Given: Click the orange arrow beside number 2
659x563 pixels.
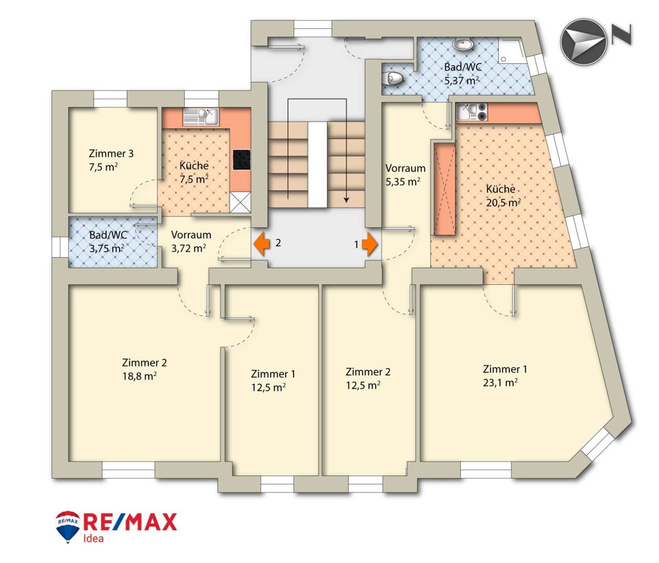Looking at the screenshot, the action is [x=261, y=243].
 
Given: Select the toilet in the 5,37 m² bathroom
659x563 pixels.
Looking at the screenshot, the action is [x=394, y=78].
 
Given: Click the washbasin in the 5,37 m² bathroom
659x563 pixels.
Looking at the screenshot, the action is [x=463, y=45].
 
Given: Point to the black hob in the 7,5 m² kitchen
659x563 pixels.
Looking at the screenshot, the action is [x=241, y=164].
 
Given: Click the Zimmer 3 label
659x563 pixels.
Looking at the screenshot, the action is [x=111, y=153].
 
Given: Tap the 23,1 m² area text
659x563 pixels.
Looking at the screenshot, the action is [x=500, y=382].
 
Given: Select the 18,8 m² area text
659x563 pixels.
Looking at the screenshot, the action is [x=140, y=376].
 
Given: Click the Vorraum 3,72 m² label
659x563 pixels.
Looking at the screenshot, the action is [x=191, y=241].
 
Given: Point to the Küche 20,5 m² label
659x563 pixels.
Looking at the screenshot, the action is [x=503, y=196].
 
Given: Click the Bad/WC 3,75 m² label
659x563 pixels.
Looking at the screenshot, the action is [x=108, y=242].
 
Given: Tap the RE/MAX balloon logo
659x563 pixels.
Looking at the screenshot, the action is [x=67, y=526].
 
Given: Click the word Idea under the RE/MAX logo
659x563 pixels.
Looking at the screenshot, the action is [x=93, y=539].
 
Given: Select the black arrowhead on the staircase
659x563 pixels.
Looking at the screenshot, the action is [x=346, y=200].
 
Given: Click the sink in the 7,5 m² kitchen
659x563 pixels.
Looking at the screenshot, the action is [x=201, y=117].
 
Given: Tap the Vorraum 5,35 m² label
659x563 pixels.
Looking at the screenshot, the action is [x=405, y=175].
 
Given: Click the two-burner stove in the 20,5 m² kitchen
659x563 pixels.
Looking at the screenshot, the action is [x=481, y=113].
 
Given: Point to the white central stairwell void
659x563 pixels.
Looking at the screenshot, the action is [x=317, y=166].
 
